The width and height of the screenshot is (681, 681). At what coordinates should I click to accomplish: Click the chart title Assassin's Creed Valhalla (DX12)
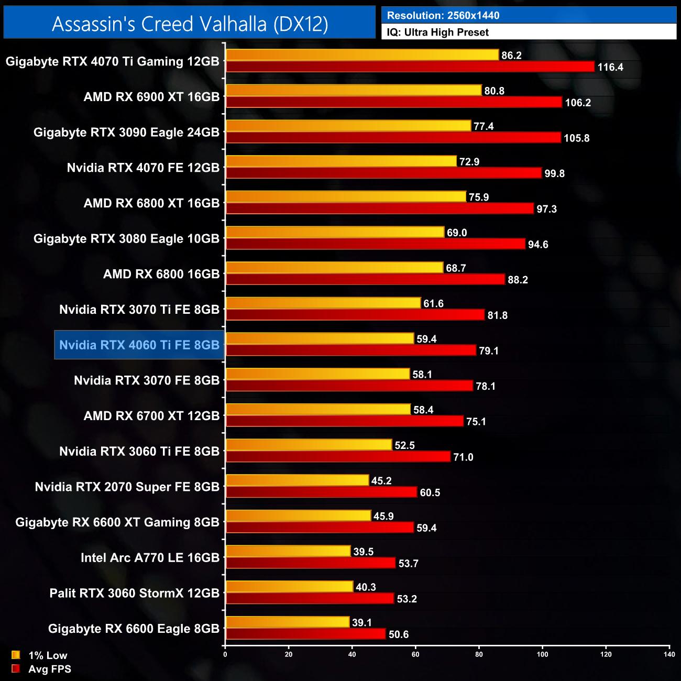(x=190, y=24)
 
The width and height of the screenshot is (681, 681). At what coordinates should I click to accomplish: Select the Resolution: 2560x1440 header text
(x=443, y=16)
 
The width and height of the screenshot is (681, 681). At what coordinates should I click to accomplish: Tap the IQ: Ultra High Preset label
(x=437, y=32)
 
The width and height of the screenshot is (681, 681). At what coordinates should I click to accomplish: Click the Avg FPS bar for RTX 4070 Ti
(x=410, y=67)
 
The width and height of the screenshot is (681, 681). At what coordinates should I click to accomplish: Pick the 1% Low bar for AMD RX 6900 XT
(x=354, y=90)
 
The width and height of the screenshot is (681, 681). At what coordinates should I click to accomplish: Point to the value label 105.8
(x=576, y=138)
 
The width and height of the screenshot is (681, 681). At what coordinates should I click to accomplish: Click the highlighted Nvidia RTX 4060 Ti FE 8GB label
(x=139, y=345)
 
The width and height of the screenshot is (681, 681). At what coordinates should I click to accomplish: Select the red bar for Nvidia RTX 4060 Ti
(x=350, y=350)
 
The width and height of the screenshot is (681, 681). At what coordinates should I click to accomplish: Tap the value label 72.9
(x=469, y=162)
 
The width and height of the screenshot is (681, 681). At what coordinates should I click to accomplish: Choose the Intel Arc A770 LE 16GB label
(x=150, y=558)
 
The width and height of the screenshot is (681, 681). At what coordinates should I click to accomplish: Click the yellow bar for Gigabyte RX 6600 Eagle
(x=288, y=622)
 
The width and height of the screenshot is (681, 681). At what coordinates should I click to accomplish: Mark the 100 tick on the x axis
(x=542, y=654)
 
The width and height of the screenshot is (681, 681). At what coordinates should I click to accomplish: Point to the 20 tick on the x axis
(x=289, y=654)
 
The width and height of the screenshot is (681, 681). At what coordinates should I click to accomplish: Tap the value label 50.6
(x=398, y=634)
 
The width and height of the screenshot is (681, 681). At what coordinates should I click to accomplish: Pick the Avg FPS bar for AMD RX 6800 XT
(x=380, y=209)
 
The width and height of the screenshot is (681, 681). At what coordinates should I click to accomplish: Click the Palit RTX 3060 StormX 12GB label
(x=134, y=594)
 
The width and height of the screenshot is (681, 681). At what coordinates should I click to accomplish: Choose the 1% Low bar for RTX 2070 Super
(x=297, y=480)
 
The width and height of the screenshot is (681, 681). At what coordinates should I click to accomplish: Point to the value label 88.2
(x=518, y=280)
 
